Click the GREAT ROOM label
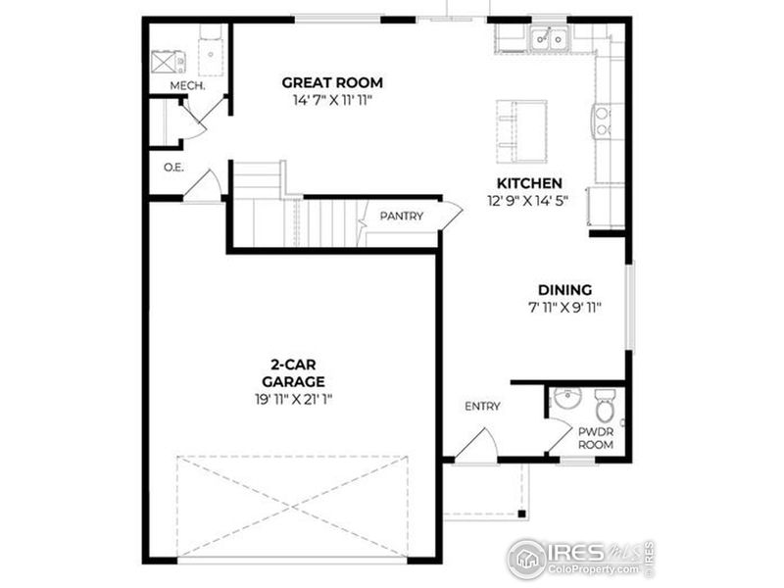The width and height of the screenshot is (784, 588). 332,82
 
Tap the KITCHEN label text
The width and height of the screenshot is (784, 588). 529,183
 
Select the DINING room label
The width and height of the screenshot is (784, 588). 564,290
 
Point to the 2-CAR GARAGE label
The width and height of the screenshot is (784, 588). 293,373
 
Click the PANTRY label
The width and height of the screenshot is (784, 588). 402,216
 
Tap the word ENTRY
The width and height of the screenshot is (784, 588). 482,407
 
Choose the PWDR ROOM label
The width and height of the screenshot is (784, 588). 596,438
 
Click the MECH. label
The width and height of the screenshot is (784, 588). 187,86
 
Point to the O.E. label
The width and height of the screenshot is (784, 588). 173,168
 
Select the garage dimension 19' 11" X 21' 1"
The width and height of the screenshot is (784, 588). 293,400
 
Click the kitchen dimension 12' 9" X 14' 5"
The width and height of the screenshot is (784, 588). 528,201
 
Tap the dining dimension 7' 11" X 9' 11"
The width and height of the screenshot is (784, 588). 564,308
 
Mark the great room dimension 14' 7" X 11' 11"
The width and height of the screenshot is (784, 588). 332,101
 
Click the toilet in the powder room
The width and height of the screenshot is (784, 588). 605,405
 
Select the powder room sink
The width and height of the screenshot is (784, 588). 567,399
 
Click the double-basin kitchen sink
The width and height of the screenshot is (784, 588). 549,38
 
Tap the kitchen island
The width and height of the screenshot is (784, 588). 521,131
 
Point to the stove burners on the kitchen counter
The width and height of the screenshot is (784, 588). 603,122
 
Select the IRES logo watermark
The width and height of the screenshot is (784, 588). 580,559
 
